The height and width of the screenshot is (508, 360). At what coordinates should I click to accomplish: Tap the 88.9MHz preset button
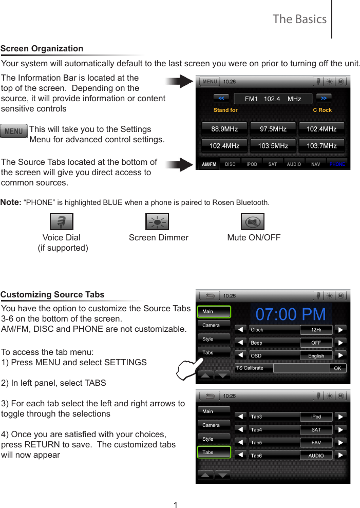click(224, 129)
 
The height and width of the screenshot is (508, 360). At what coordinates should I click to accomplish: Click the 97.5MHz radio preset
click(273, 129)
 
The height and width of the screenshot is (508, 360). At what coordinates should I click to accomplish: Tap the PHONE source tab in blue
click(337, 164)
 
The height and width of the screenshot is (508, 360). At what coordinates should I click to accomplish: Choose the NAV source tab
click(316, 164)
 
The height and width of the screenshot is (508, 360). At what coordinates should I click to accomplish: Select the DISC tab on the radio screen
click(231, 164)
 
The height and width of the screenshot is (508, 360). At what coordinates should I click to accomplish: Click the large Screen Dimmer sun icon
click(157, 222)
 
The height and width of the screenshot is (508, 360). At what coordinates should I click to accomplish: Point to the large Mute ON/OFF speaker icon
click(253, 222)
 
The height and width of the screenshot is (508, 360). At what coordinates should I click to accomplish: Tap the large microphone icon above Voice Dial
click(61, 222)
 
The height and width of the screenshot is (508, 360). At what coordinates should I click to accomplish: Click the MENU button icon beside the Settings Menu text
click(14, 131)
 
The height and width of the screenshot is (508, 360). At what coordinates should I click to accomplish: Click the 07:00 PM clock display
click(291, 314)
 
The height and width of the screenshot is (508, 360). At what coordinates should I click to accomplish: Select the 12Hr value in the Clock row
click(316, 329)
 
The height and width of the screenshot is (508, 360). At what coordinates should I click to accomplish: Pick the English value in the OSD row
click(316, 355)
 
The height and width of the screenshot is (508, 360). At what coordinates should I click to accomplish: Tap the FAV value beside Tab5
click(316, 442)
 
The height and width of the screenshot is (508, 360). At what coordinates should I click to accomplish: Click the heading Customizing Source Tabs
click(52, 294)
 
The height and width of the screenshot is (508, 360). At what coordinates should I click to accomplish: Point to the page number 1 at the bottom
click(176, 505)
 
